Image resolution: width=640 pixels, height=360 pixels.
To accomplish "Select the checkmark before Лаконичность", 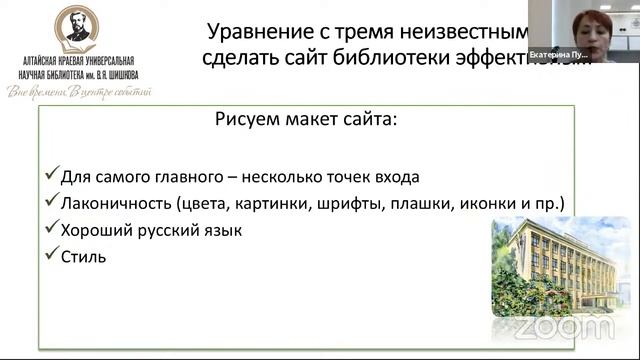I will [x=52, y=203].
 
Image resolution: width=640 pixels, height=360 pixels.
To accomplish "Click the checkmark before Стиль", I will [x=52, y=256].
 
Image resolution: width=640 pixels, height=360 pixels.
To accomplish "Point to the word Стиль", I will [x=84, y=257].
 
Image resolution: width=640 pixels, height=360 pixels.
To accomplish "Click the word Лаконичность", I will [x=114, y=204].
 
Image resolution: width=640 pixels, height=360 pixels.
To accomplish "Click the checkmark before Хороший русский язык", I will [x=52, y=229].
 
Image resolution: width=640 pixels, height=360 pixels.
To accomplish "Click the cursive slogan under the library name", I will [x=78, y=92].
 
